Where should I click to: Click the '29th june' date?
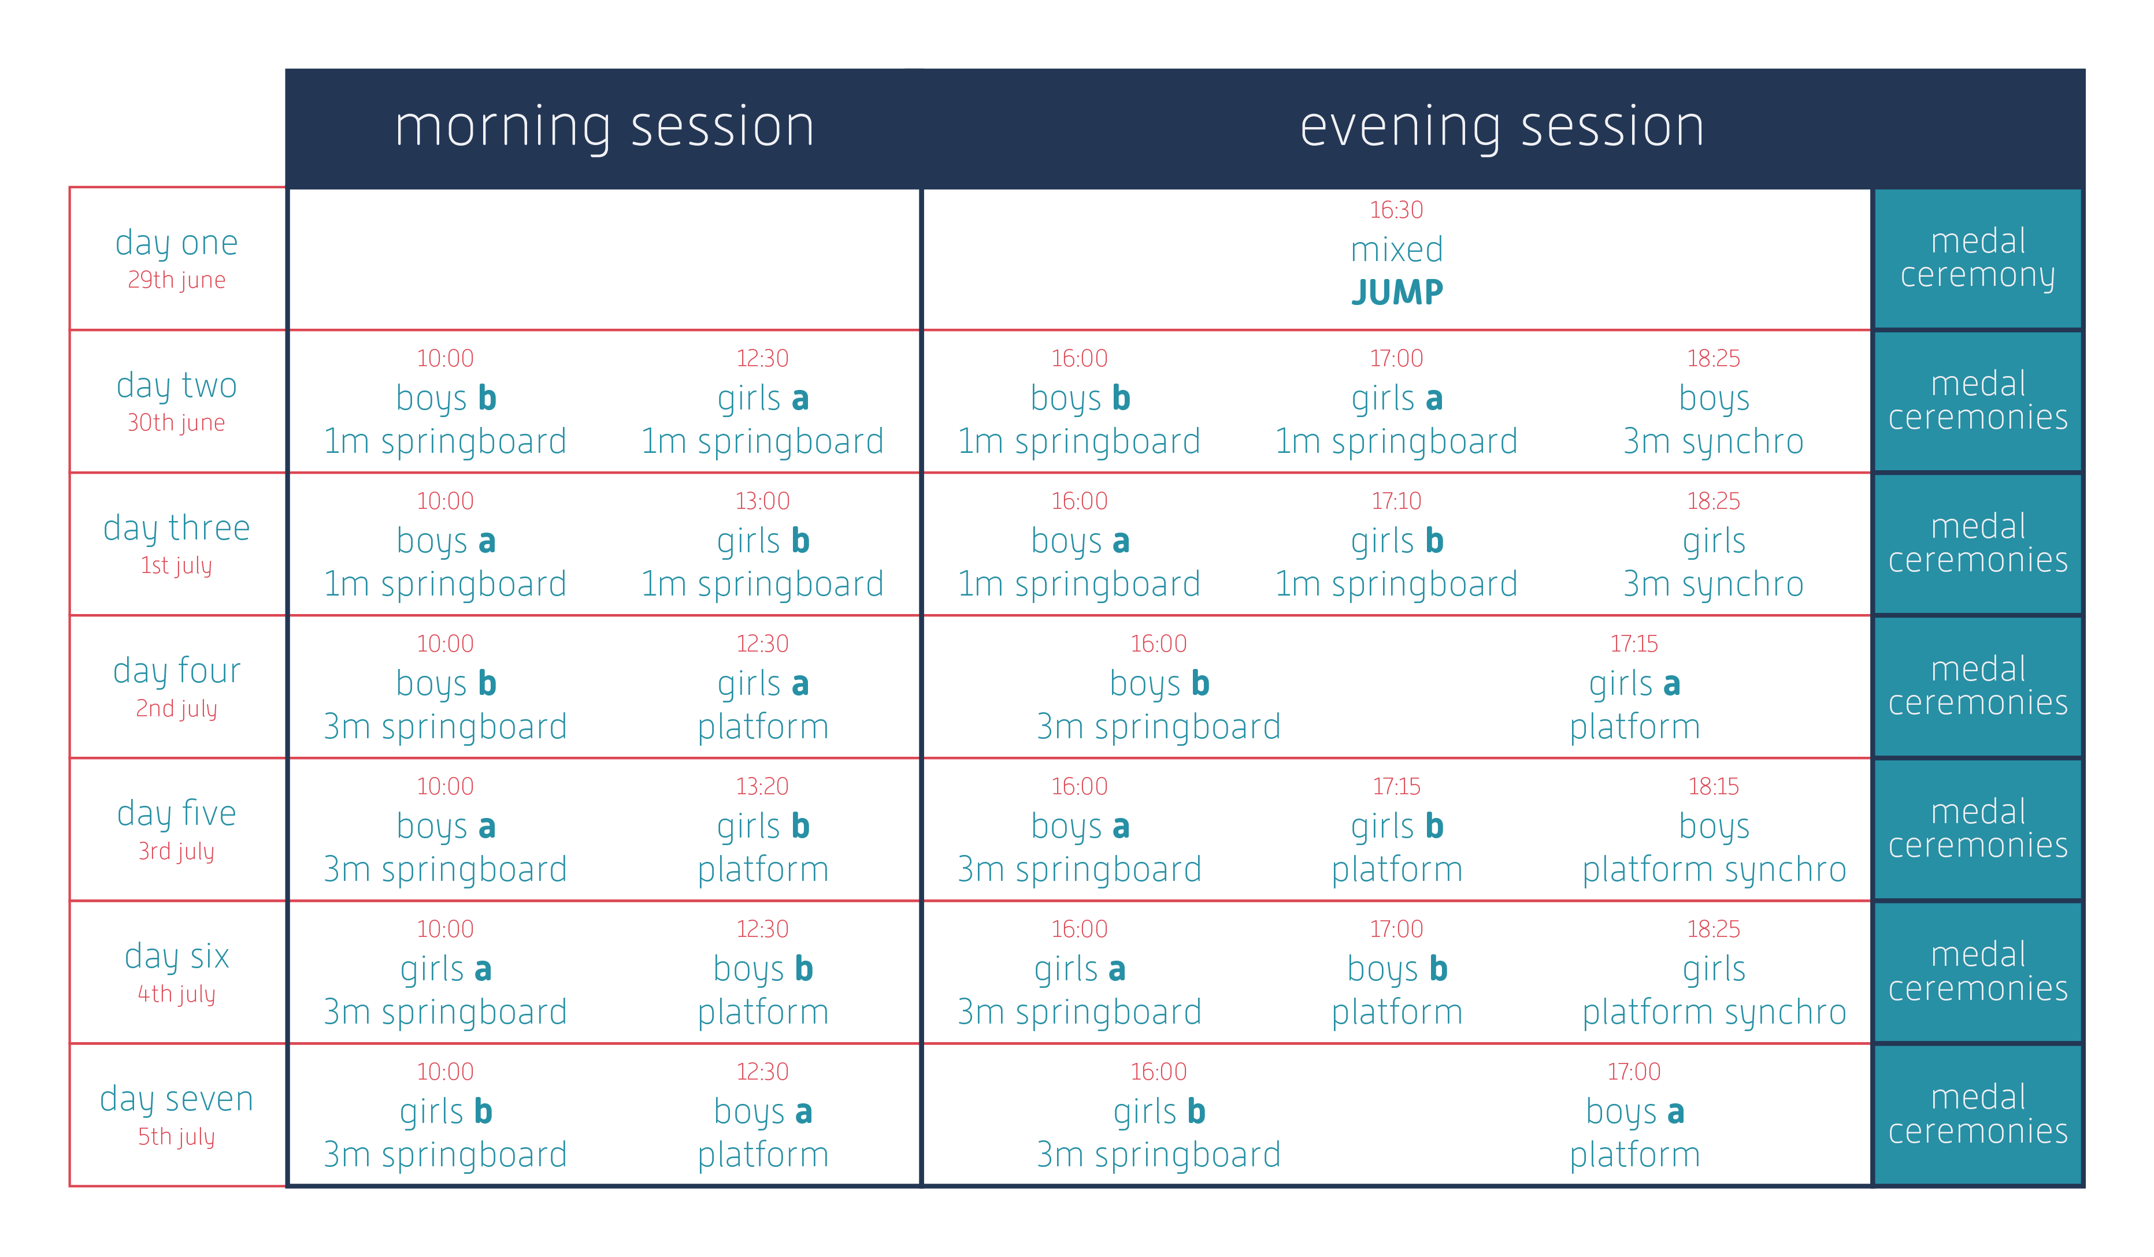[x=177, y=280]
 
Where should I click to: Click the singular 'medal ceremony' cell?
[x=1978, y=259]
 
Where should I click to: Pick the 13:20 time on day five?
[x=762, y=786]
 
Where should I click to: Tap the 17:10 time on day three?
[x=1397, y=501]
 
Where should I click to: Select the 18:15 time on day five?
[x=1714, y=786]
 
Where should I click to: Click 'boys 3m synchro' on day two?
[x=1714, y=419]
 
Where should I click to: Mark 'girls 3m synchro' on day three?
[x=1714, y=562]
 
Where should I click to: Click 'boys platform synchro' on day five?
[x=1714, y=847]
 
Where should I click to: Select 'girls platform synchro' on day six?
[x=1714, y=990]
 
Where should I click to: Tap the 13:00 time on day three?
[x=762, y=501]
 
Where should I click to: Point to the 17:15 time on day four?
[x=1634, y=644]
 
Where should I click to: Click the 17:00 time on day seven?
[x=1634, y=1072]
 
